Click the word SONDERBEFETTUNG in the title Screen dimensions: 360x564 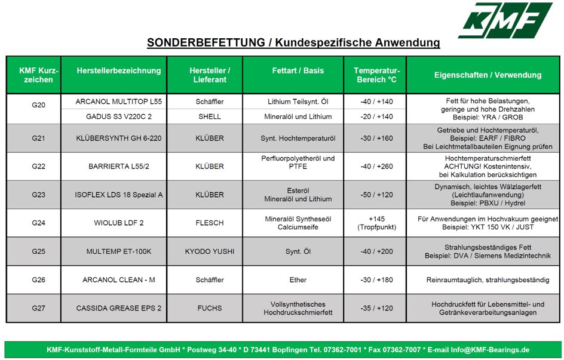pyautogui.click(x=206, y=42)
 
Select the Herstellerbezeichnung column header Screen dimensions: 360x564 pyautogui.click(x=118, y=71)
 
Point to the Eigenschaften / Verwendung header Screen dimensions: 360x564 pyautogui.click(x=488, y=75)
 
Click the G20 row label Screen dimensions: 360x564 pyautogui.click(x=38, y=105)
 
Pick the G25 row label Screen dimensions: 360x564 pyautogui.click(x=38, y=251)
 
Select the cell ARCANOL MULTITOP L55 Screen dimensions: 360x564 pyautogui.click(x=118, y=101)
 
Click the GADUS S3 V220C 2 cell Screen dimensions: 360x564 pyautogui.click(x=118, y=116)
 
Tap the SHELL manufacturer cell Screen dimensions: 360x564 pyautogui.click(x=209, y=116)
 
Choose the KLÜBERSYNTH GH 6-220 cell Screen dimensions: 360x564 pyautogui.click(x=118, y=138)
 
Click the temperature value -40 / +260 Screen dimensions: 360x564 pyautogui.click(x=376, y=167)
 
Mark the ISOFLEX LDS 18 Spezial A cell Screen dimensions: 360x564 pyautogui.click(x=118, y=195)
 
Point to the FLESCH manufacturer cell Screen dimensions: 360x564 pyautogui.click(x=209, y=223)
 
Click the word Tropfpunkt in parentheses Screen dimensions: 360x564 pyautogui.click(x=376, y=227)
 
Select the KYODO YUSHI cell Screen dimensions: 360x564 pyautogui.click(x=209, y=251)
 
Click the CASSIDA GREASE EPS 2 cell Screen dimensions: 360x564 pyautogui.click(x=118, y=308)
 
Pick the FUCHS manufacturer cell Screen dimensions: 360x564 pyautogui.click(x=209, y=308)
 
